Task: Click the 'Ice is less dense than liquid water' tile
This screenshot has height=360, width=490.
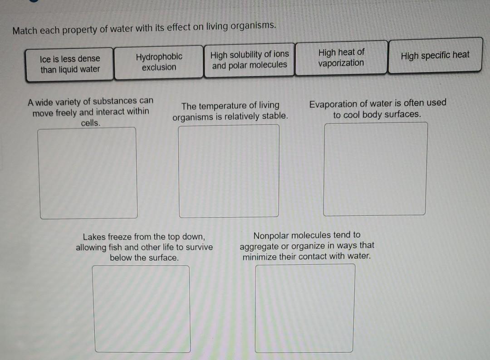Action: pos(70,64)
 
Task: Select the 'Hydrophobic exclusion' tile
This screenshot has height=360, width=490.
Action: pos(159,62)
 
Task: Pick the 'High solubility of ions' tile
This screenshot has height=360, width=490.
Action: pos(250,60)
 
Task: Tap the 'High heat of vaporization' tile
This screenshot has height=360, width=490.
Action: pos(341,58)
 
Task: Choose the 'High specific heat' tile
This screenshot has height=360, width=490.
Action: pos(435,55)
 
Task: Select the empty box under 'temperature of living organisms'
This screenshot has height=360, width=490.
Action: pos(229,171)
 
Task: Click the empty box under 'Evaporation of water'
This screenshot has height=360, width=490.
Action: pos(375,169)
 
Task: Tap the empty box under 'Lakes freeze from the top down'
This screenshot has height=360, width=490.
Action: pos(142,308)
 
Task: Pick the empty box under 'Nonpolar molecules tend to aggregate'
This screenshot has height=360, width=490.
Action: pos(305,308)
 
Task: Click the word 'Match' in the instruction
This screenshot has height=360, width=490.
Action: pos(24,31)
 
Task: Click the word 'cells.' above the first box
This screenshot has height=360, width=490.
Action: pos(91,123)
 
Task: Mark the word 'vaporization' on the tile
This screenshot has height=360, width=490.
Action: pos(341,63)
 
